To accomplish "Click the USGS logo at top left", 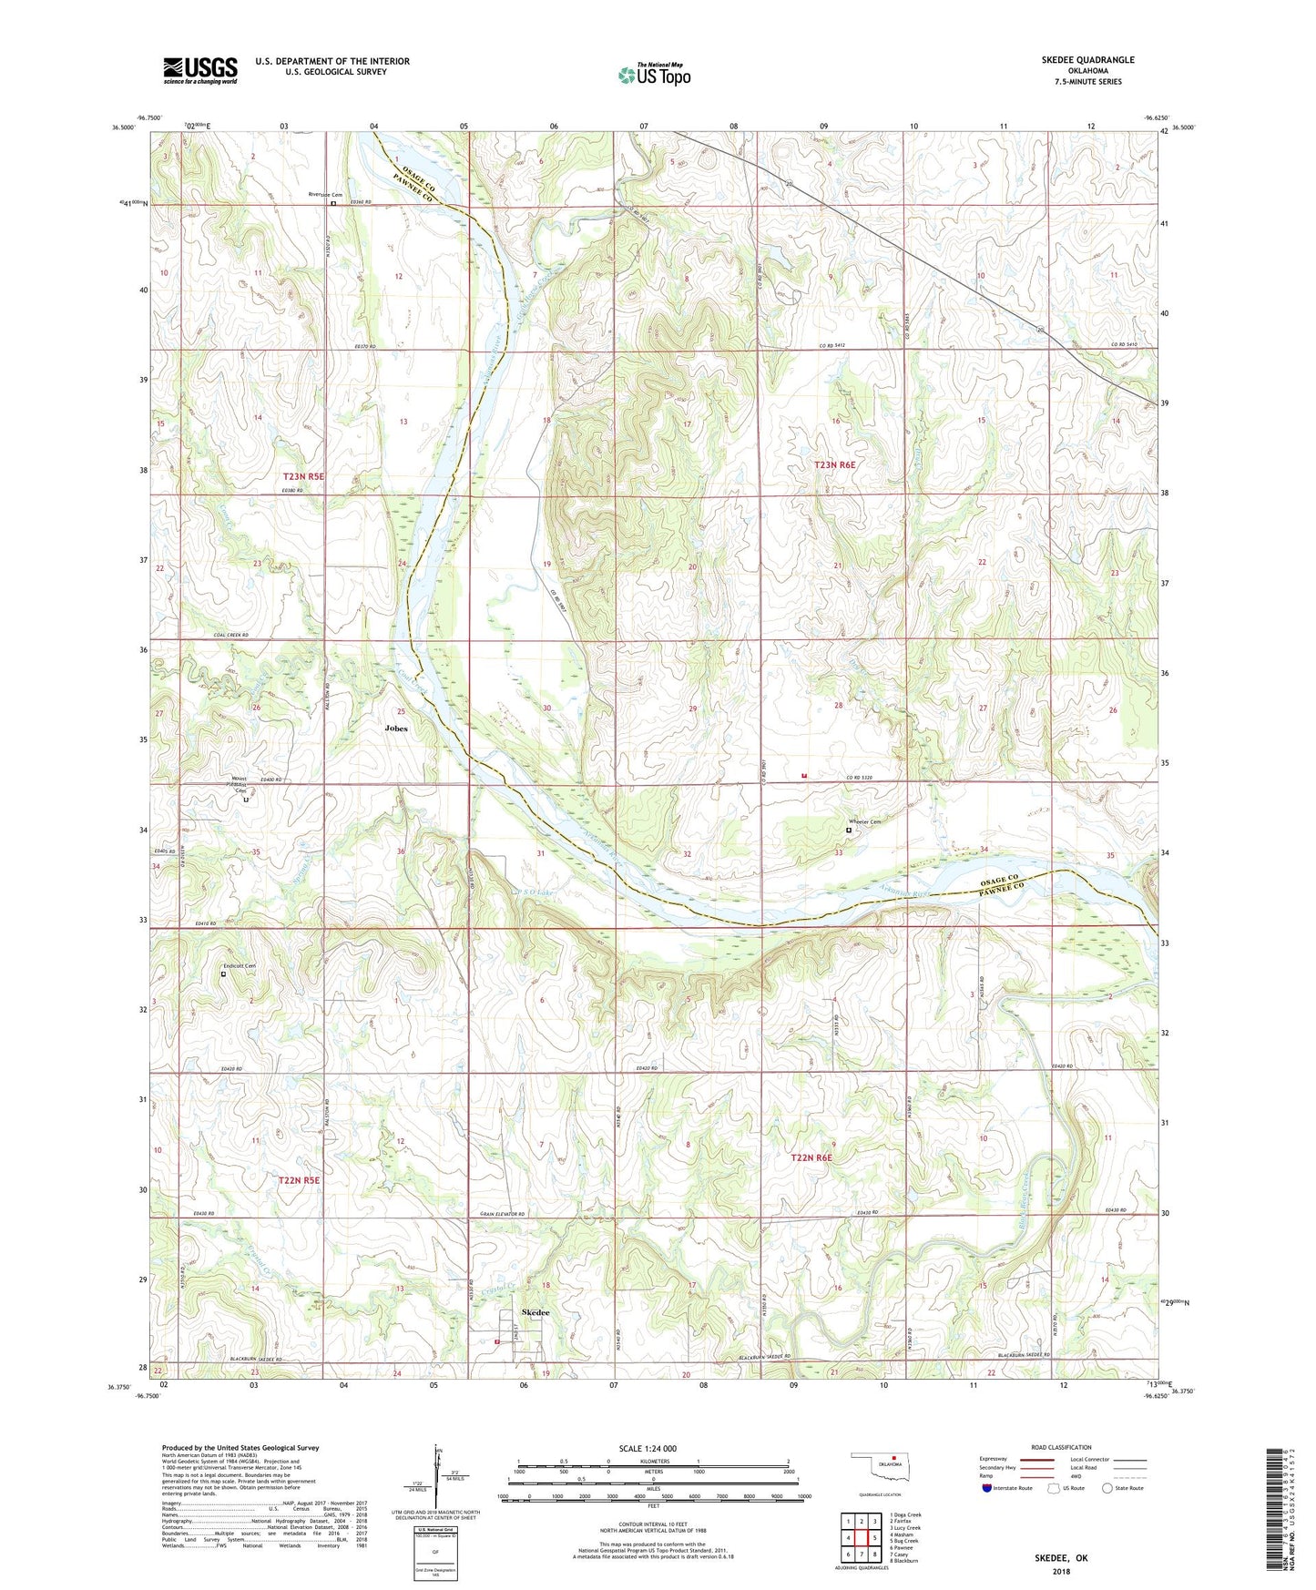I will pos(200,69).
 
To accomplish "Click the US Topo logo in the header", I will pos(654,75).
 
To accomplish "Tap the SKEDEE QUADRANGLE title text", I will pos(1087,60).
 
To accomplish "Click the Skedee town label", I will pos(536,1312).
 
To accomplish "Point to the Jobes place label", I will pos(395,729).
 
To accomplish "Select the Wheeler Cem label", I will pos(864,822).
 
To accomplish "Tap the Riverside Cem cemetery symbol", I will pos(333,204).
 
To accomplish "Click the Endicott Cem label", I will pos(240,965).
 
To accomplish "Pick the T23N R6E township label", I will pos(834,464).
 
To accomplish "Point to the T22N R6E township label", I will pos(811,1157).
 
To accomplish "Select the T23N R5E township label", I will pos(303,476).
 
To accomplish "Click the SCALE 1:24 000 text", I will pos(648,1449).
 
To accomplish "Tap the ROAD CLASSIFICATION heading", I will pos(1062,1447).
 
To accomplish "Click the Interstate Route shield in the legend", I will pos(986,1488).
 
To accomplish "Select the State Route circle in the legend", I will pos(1107,1488).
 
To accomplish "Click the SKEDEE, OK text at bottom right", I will pos(1061,1558).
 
